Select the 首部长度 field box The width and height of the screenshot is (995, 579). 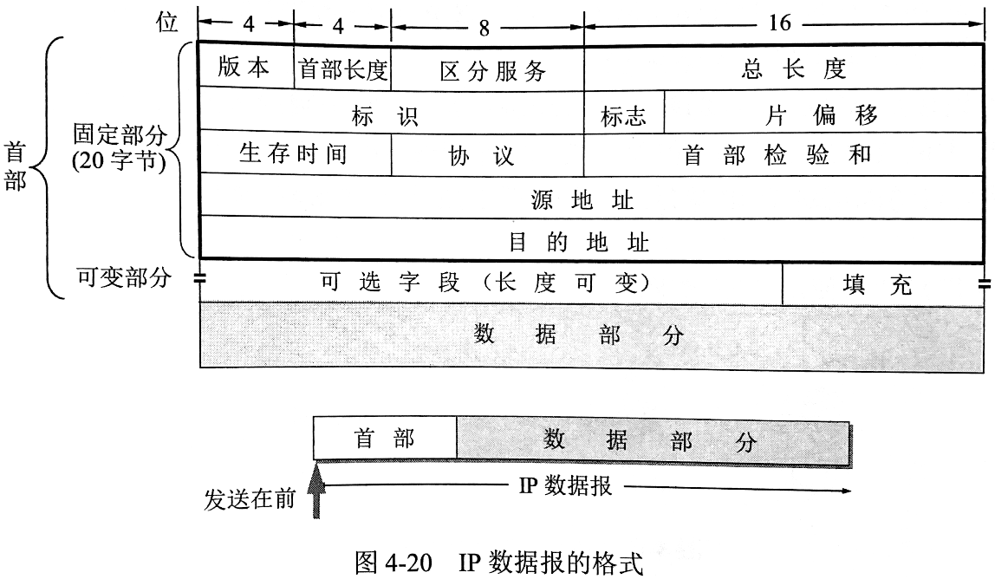point(343,69)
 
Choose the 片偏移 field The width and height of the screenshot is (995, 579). point(823,114)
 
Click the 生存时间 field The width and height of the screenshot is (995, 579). point(293,154)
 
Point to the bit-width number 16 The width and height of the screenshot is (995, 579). point(779,23)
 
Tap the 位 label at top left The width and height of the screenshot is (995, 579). point(166,23)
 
